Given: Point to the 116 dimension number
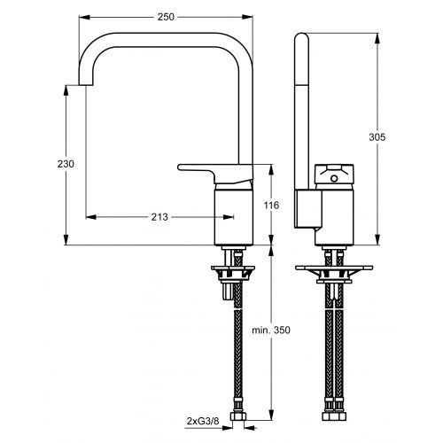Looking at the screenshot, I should click(272, 206).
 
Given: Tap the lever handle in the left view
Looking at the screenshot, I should click(213, 167).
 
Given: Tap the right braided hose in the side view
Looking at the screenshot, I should click(340, 354).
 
